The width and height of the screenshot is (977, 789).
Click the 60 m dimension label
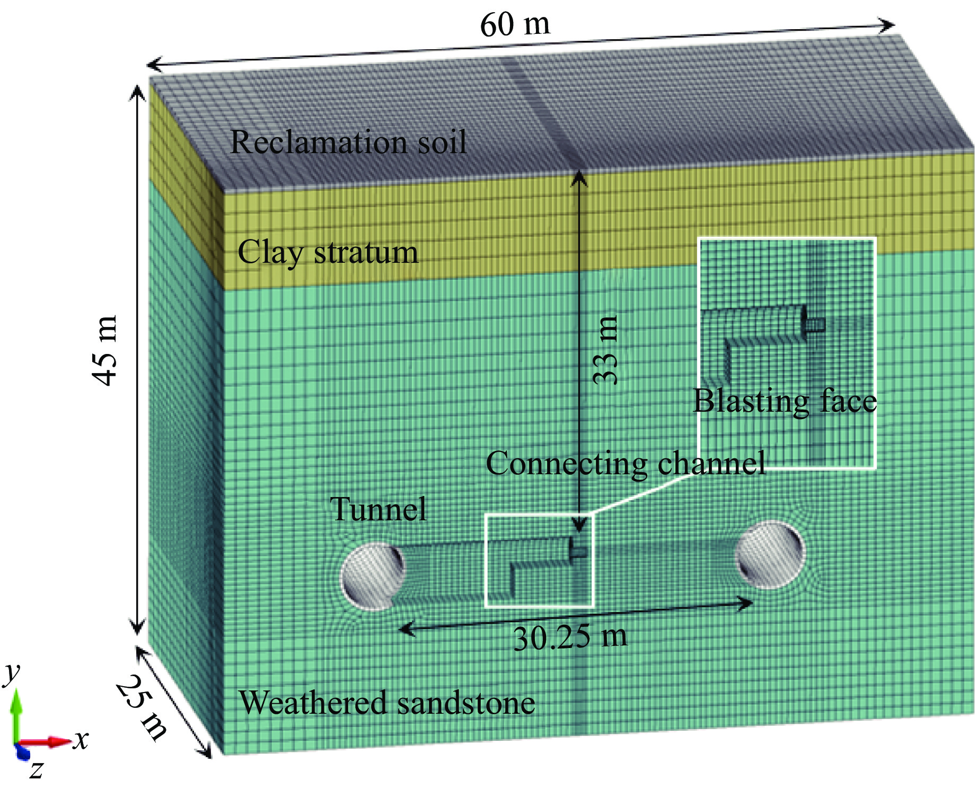click(x=515, y=24)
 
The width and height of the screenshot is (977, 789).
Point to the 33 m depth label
click(x=605, y=350)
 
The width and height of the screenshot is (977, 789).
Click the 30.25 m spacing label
click(x=570, y=637)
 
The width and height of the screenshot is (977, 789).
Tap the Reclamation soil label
click(x=348, y=142)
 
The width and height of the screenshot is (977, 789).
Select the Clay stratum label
click(x=328, y=252)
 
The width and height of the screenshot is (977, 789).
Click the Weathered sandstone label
click(x=386, y=703)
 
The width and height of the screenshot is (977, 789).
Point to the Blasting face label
click(x=785, y=401)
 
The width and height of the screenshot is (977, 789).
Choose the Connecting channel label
click(x=626, y=464)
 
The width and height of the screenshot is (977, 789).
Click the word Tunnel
click(x=378, y=509)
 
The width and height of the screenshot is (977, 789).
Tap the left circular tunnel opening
click(x=373, y=575)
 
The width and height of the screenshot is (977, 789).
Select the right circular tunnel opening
click(x=771, y=554)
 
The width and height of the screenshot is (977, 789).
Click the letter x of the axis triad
click(x=81, y=739)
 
